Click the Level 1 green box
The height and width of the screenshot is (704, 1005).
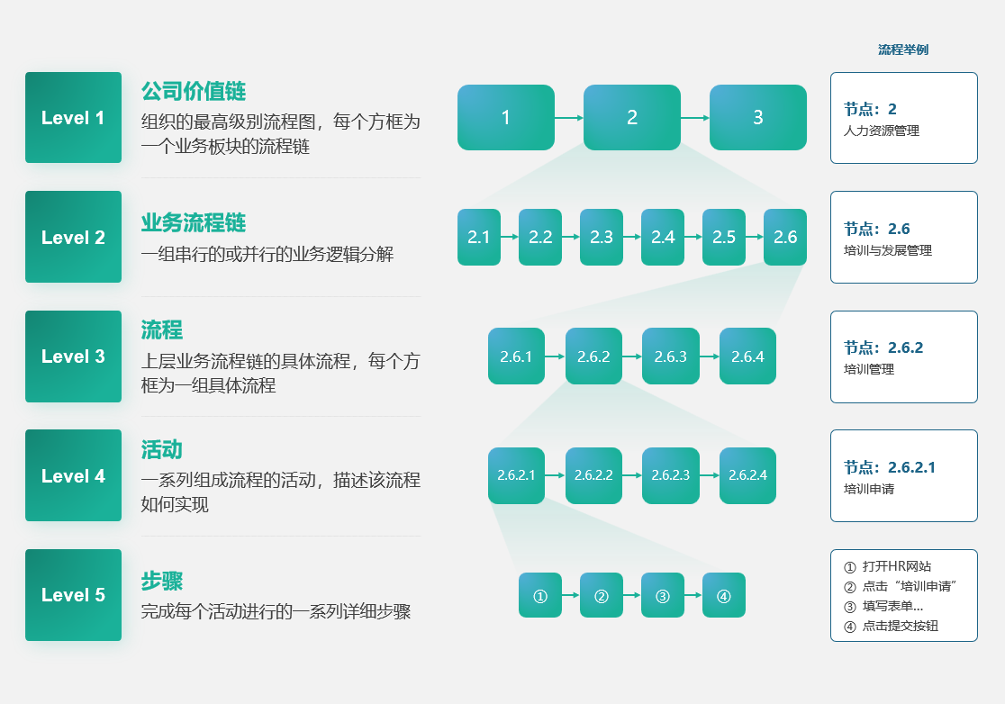73,118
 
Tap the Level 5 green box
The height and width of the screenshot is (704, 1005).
73,595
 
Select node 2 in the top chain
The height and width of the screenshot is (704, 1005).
632,117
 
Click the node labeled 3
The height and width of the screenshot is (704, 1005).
757,117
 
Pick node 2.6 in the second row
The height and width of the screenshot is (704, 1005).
785,237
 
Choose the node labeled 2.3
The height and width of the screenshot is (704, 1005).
602,237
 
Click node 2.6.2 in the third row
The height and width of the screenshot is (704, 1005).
593,357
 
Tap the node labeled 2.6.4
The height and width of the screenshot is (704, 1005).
747,357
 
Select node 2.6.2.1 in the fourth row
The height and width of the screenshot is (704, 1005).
516,475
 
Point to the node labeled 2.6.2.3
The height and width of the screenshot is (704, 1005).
670,475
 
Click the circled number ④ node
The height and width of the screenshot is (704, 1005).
724,595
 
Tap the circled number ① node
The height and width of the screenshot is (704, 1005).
540,595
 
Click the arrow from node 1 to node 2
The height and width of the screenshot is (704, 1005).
569,117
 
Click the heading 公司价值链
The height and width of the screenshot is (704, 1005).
194,92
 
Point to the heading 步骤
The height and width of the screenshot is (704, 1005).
162,581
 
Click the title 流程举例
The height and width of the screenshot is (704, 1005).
903,50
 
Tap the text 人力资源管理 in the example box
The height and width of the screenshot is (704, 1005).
882,131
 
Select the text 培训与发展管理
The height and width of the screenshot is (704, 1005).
888,250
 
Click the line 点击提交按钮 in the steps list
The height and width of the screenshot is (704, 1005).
900,626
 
